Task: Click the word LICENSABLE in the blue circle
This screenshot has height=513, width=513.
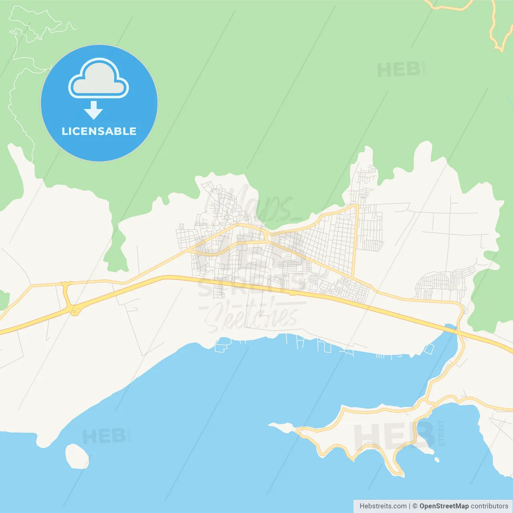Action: click(99, 131)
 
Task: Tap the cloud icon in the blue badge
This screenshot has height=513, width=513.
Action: click(99, 79)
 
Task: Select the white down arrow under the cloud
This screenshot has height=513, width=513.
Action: click(94, 110)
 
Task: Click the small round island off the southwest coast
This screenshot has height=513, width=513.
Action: click(77, 456)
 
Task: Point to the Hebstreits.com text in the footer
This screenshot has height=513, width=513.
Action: click(383, 506)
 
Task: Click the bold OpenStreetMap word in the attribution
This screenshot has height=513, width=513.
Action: click(444, 506)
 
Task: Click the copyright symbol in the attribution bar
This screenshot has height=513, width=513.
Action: click(415, 506)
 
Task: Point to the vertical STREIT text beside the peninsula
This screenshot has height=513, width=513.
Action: click(442, 433)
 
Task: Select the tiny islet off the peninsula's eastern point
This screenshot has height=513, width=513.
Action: click(437, 460)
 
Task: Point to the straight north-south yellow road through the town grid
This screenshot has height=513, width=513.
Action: click(355, 240)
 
